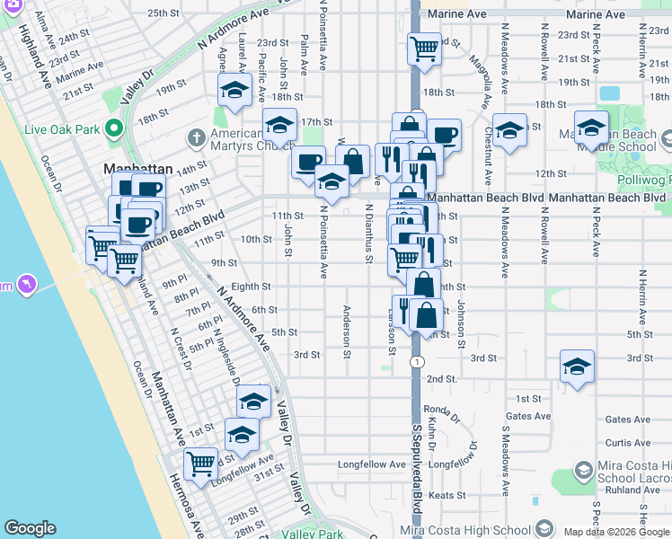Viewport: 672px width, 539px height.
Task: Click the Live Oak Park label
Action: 61,129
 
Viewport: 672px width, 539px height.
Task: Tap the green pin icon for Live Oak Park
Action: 113,129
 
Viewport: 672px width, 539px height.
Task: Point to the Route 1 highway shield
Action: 417,361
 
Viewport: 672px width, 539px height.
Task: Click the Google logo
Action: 31,528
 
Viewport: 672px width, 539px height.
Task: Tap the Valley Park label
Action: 313,534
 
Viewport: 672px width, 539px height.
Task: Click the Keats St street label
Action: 447,495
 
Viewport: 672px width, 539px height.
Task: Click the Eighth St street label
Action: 251,287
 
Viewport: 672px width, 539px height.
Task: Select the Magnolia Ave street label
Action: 468,67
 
